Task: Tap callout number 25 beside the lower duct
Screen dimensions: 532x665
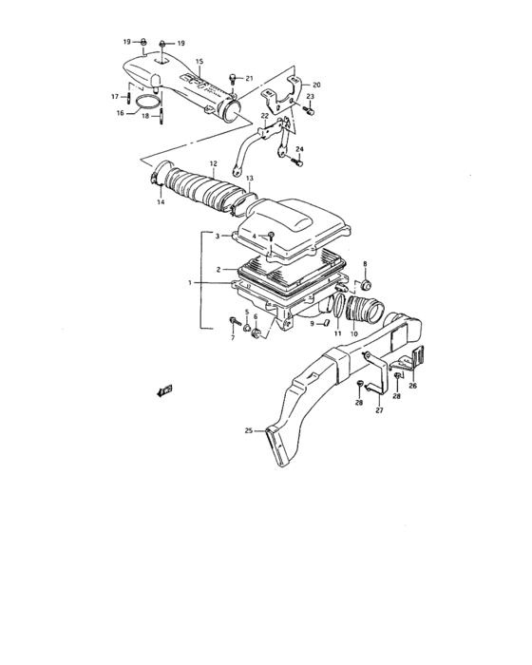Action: [x=248, y=431]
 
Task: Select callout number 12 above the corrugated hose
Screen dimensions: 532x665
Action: [x=214, y=163]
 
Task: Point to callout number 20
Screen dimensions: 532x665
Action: [x=317, y=85]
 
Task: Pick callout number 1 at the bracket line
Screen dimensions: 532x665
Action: [x=190, y=282]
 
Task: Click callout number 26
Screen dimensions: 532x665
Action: [x=412, y=386]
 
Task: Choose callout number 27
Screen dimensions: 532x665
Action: [x=378, y=410]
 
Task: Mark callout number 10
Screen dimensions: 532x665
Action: [x=354, y=334]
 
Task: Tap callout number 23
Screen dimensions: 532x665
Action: [x=310, y=96]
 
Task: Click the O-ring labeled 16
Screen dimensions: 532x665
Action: [x=145, y=102]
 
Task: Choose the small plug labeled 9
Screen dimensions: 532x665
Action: [x=324, y=323]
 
